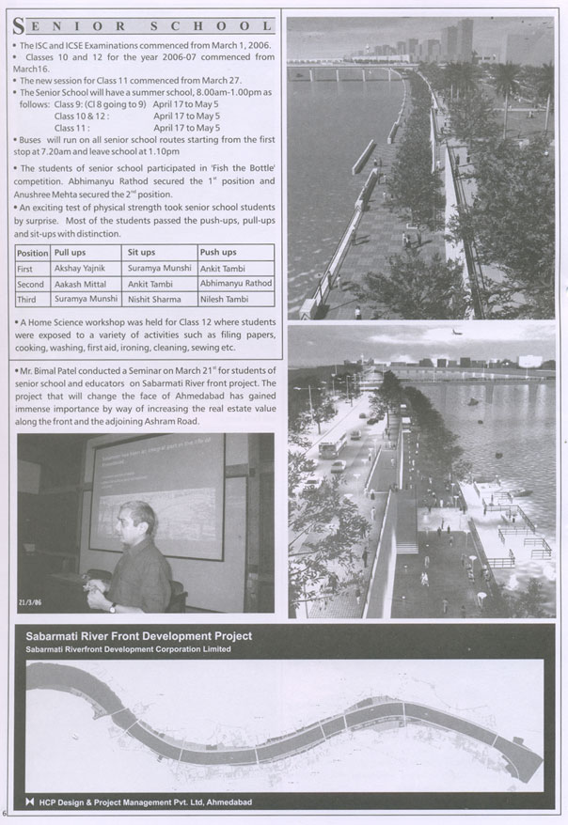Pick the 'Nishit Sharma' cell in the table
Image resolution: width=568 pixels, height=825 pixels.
[154, 299]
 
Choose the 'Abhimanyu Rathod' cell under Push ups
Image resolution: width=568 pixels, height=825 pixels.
[235, 283]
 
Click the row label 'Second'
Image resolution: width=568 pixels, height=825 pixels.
[30, 284]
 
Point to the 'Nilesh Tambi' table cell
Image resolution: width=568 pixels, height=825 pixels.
[226, 299]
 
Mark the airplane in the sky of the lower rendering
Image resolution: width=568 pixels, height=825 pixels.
[456, 332]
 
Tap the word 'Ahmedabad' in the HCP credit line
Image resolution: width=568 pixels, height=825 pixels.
[228, 802]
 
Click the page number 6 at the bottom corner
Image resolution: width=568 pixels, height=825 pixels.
[6, 813]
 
